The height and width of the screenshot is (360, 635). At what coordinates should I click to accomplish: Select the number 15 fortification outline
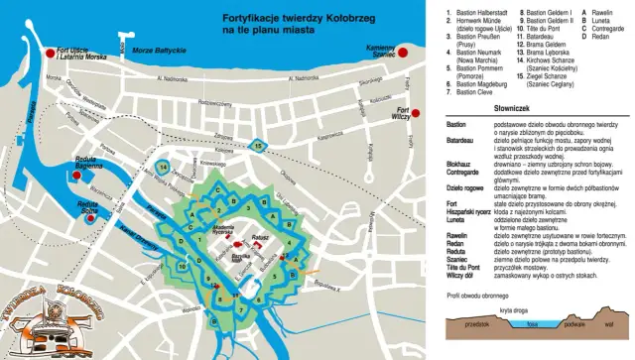click(x=258, y=146)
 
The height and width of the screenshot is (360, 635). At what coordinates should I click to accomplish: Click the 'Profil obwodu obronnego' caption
click(x=484, y=295)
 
